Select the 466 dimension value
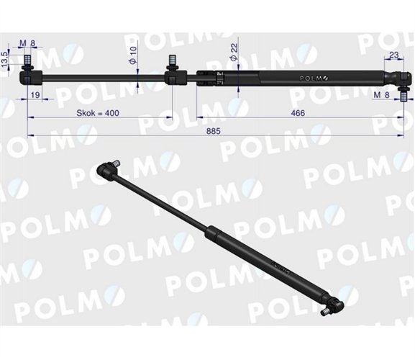[x=293, y=113]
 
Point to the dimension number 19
[x=36, y=94]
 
